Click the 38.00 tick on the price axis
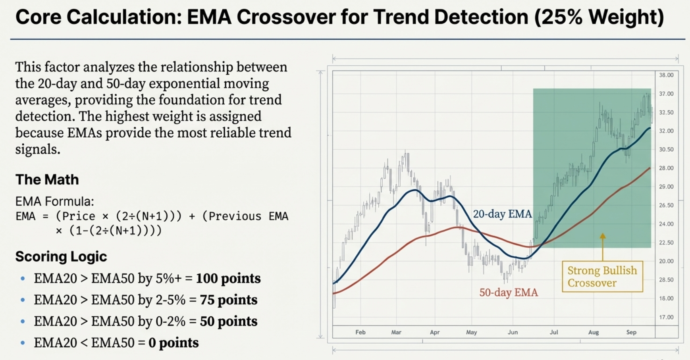tap(666, 75)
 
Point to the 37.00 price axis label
tap(666, 94)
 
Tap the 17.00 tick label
tap(666, 317)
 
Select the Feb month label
tap(360, 332)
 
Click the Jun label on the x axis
tap(513, 332)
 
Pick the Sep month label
tap(631, 332)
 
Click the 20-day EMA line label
tap(502, 214)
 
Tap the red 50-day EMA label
tap(509, 293)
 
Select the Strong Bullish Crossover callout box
tap(602, 277)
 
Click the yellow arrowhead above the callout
tap(603, 236)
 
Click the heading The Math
tap(47, 180)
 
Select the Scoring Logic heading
tap(61, 256)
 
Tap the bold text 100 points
tap(228, 279)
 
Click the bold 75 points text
tap(228, 300)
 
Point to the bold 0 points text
tap(173, 343)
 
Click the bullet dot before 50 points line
tap(23, 321)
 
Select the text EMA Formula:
tap(54, 202)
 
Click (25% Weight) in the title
tap(599, 17)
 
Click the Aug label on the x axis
tap(594, 332)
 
